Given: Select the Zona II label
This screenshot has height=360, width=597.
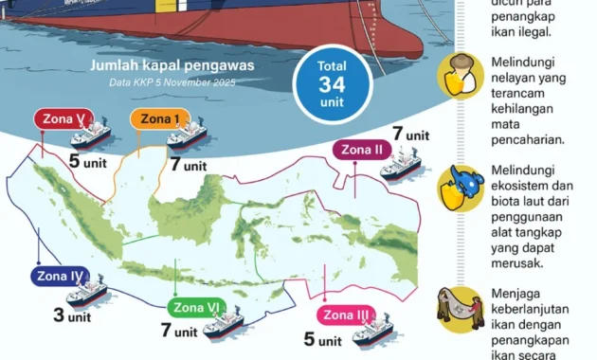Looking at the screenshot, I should pyautogui.click(x=362, y=150).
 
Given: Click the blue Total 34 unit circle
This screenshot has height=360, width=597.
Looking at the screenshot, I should pyautogui.click(x=331, y=83).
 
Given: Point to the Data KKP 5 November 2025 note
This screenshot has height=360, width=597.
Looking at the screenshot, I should pyautogui.click(x=171, y=82).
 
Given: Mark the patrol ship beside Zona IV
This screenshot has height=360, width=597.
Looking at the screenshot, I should pyautogui.click(x=87, y=294).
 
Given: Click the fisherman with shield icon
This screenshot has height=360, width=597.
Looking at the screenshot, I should pyautogui.click(x=455, y=78).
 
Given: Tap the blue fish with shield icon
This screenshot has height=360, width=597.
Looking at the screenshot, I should pyautogui.click(x=455, y=185).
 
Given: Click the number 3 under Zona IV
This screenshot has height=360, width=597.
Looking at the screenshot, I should pyautogui.click(x=59, y=315).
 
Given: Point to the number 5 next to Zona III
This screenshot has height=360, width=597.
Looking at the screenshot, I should pyautogui.click(x=309, y=339).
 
